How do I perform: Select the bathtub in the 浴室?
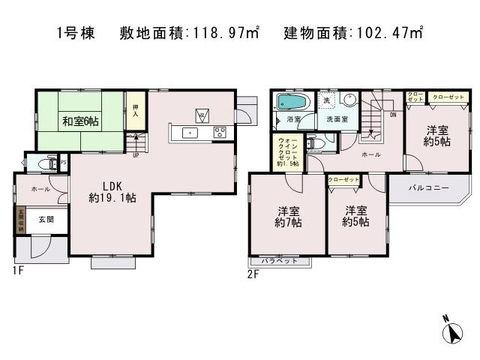pos(291,102)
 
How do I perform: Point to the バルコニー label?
pos(427,187)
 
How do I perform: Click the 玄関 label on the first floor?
pos(35,219)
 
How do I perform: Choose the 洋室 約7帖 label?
pos(287,216)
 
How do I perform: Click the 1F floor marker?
pos(18,271)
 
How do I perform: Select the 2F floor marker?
pos(253,274)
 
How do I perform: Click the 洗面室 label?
pos(338,118)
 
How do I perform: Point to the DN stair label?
pos(392,115)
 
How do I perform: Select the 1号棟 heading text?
pos(75,34)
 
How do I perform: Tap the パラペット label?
pos(279,261)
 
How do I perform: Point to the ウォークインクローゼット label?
pos(288,151)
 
